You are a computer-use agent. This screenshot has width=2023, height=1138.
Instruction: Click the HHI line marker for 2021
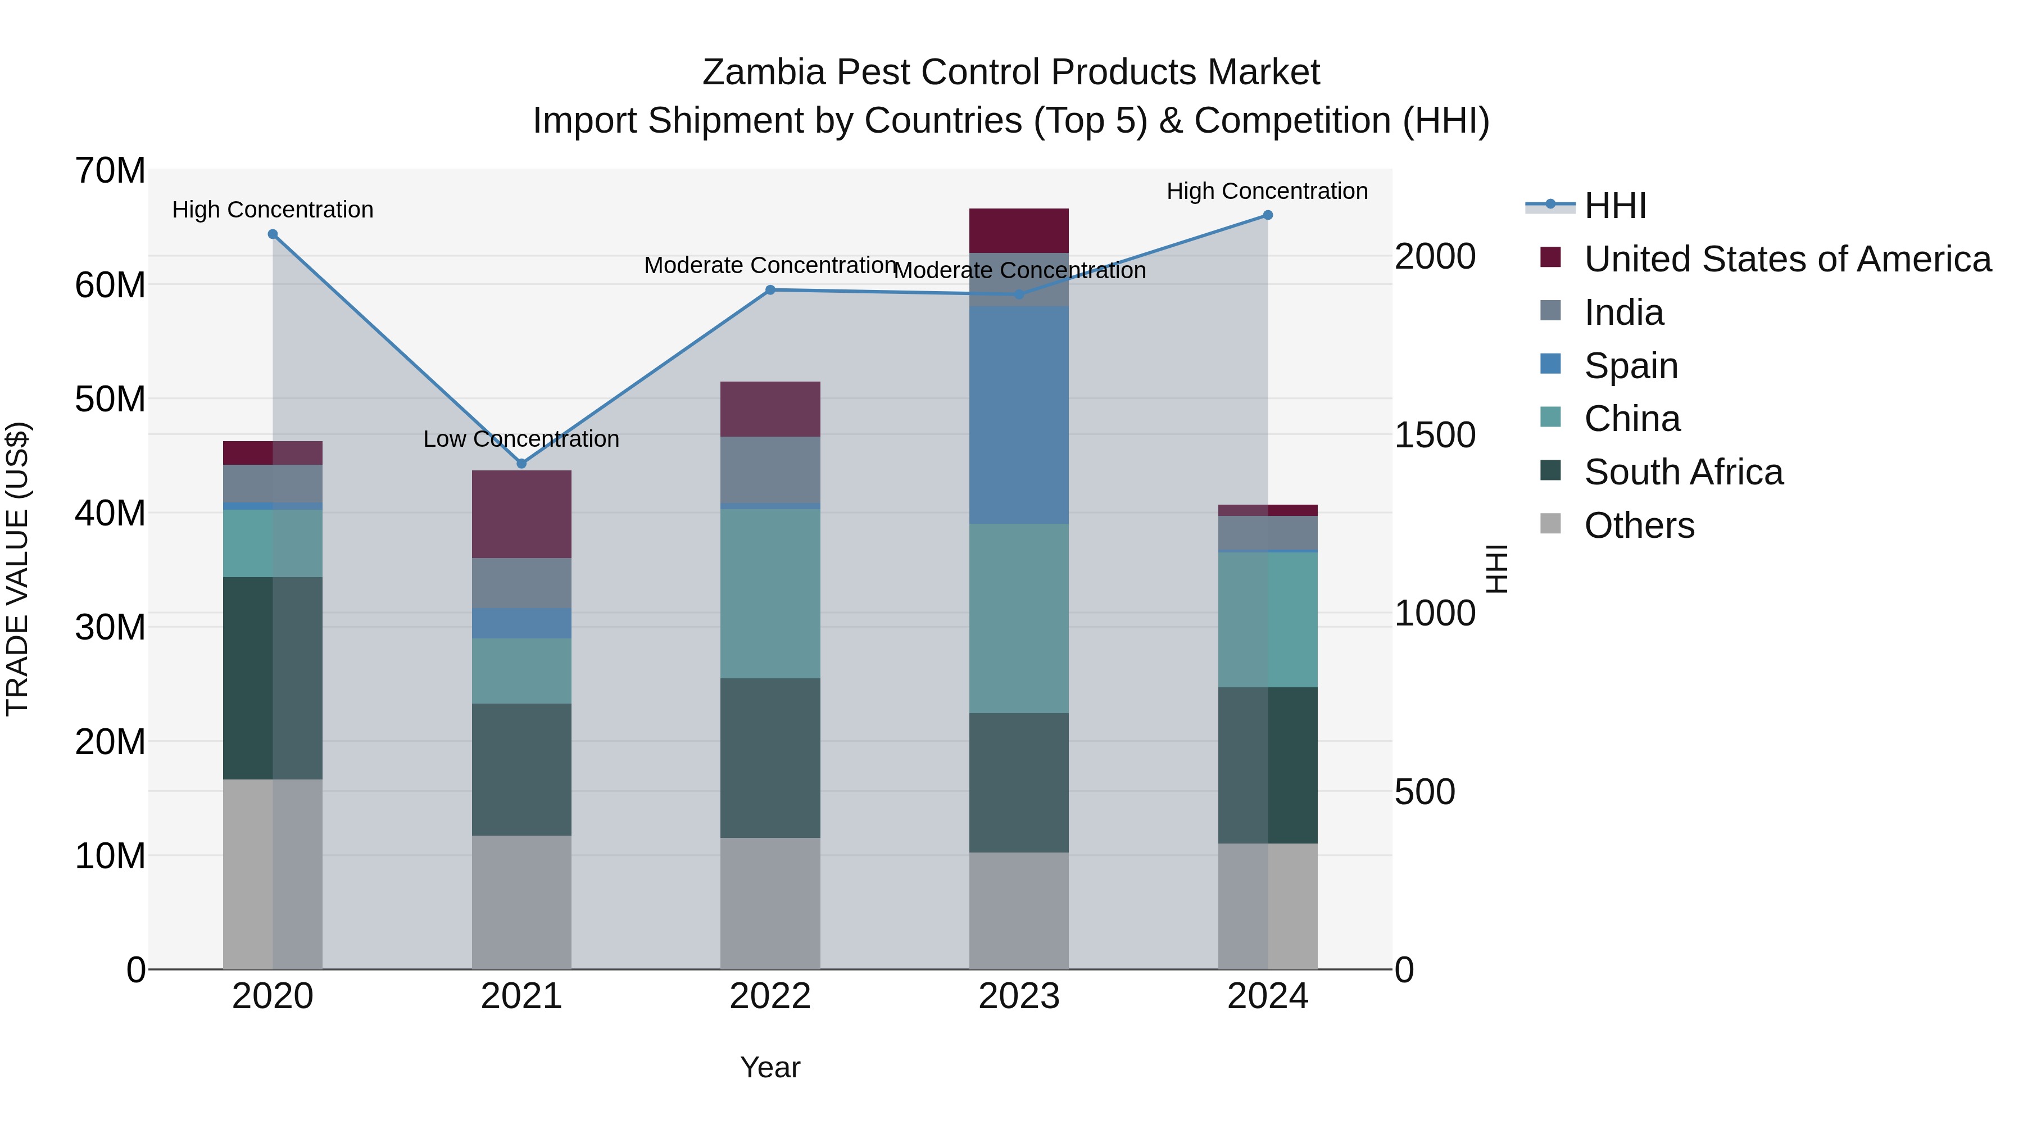point(521,464)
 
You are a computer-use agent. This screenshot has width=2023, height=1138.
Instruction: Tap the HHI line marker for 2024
point(1268,215)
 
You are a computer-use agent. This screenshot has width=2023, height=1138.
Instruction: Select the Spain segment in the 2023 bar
point(1019,415)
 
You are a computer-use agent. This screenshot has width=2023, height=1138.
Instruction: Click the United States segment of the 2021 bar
point(521,514)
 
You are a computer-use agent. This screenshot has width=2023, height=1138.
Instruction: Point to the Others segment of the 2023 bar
point(1019,910)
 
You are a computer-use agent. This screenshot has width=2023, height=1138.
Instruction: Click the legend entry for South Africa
point(1683,472)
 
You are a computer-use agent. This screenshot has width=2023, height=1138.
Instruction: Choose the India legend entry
point(1623,312)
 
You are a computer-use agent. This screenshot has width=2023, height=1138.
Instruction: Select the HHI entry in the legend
point(1614,206)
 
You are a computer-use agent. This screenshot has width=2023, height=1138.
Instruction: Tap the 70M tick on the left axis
point(110,170)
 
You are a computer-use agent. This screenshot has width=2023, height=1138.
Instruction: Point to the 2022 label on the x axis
point(770,996)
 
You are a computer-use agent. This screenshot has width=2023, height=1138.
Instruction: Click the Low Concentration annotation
point(521,439)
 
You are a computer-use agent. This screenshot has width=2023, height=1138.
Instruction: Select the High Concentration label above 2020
point(273,210)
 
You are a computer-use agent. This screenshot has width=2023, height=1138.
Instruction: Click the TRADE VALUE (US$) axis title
point(17,569)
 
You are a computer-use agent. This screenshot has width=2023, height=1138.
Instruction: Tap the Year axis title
point(770,1067)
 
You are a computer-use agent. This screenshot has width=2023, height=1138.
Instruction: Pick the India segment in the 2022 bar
point(770,470)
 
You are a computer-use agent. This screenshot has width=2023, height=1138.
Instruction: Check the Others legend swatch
point(1550,523)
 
